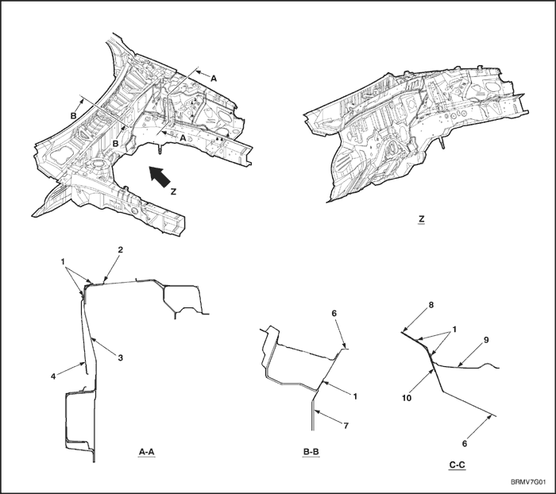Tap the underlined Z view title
pyautogui.click(x=421, y=219)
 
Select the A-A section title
pyautogui.click(x=146, y=452)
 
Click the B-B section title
pyautogui.click(x=311, y=452)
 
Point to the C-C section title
pyautogui.click(x=457, y=465)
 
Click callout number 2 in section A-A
pyautogui.click(x=121, y=249)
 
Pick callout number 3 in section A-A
pyautogui.click(x=120, y=358)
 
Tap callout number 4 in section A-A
pyautogui.click(x=53, y=376)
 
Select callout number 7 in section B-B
pyautogui.click(x=346, y=425)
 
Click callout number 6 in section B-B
pyautogui.click(x=334, y=313)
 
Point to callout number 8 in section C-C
pyautogui.click(x=431, y=305)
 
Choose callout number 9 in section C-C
pyautogui.click(x=486, y=340)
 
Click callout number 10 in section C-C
pyautogui.click(x=407, y=398)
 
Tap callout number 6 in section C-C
pyautogui.click(x=465, y=444)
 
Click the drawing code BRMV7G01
pyautogui.click(x=528, y=482)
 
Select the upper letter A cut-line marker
pyautogui.click(x=214, y=79)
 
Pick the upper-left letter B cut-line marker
pyautogui.click(x=73, y=116)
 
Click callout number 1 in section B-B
pyautogui.click(x=355, y=396)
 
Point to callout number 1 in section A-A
pyautogui.click(x=63, y=262)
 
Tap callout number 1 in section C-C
pyautogui.click(x=454, y=330)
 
